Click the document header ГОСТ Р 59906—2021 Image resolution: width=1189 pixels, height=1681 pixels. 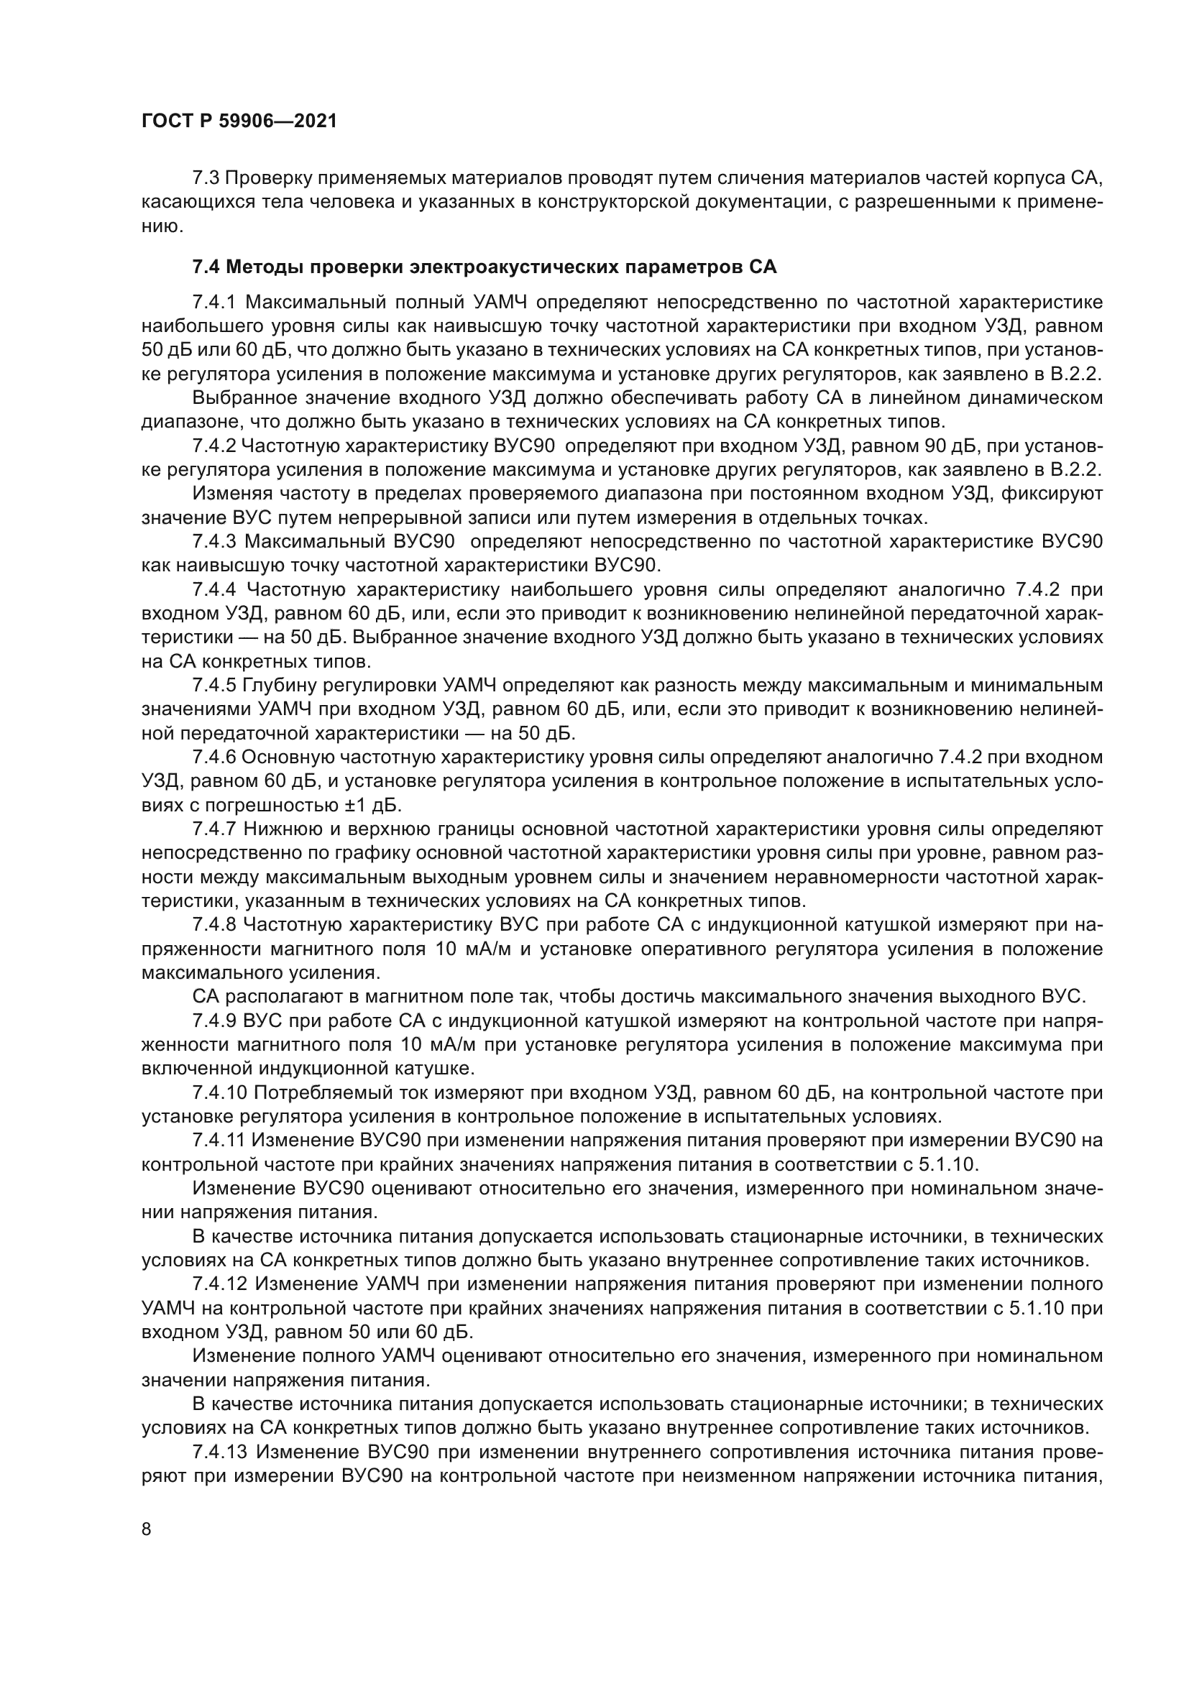239,121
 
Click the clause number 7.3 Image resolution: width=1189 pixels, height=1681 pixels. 206,178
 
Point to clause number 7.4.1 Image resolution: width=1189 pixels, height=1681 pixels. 214,303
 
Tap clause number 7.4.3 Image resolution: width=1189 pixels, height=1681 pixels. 214,543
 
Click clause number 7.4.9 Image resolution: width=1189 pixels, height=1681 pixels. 214,1021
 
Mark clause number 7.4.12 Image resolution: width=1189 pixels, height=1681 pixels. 219,1284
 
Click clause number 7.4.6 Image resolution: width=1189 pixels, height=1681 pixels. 214,757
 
